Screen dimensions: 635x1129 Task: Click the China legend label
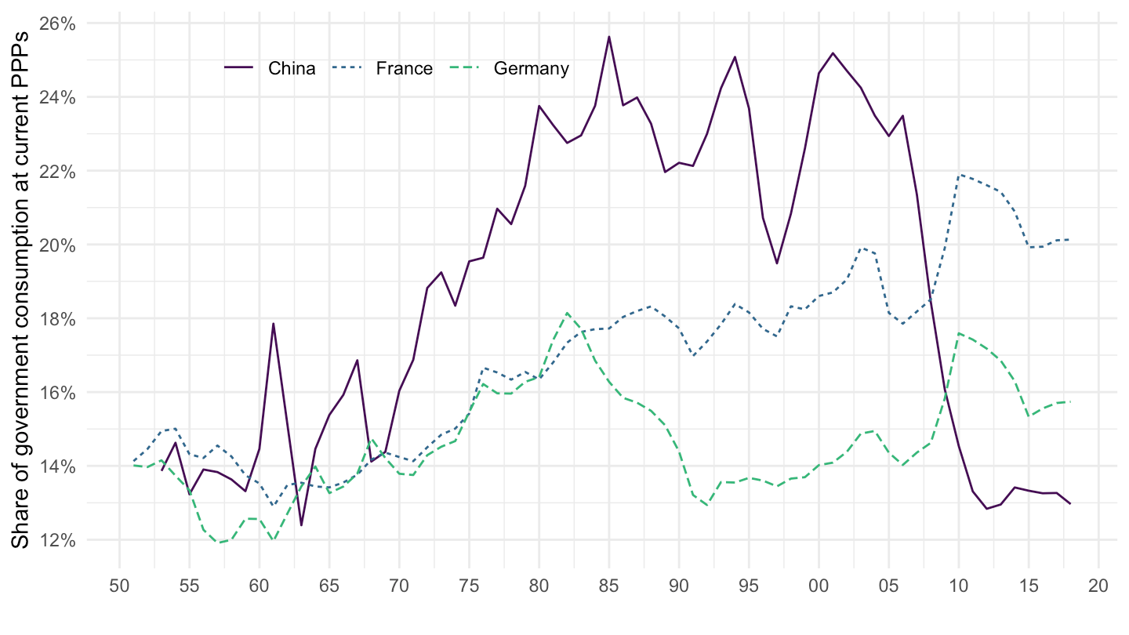pyautogui.click(x=292, y=68)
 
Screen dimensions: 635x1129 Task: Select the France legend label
pyautogui.click(x=404, y=68)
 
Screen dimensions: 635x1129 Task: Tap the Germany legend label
pyautogui.click(x=531, y=68)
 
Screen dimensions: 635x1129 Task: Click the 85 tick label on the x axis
pyautogui.click(x=608, y=585)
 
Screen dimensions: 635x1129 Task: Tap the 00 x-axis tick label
pyautogui.click(x=819, y=585)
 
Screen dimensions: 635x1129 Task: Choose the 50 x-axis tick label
pyautogui.click(x=119, y=585)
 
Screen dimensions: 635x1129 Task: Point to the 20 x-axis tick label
pyautogui.click(x=1098, y=585)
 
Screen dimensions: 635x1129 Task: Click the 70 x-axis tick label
pyautogui.click(x=399, y=585)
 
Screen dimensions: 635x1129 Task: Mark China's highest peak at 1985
pyautogui.click(x=608, y=37)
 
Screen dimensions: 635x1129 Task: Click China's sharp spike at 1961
pyautogui.click(x=273, y=324)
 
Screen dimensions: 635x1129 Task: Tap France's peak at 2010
pyautogui.click(x=959, y=175)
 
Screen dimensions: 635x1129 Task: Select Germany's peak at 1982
pyautogui.click(x=567, y=313)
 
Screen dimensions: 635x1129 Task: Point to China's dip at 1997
pyautogui.click(x=777, y=263)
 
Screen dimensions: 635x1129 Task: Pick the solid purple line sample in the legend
pyautogui.click(x=239, y=68)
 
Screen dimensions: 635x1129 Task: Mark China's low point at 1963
pyautogui.click(x=301, y=525)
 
